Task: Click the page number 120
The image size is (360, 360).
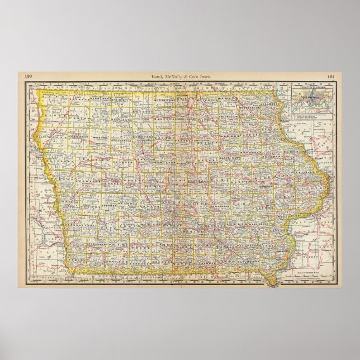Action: click(x=29, y=75)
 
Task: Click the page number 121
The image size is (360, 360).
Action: click(x=330, y=75)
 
